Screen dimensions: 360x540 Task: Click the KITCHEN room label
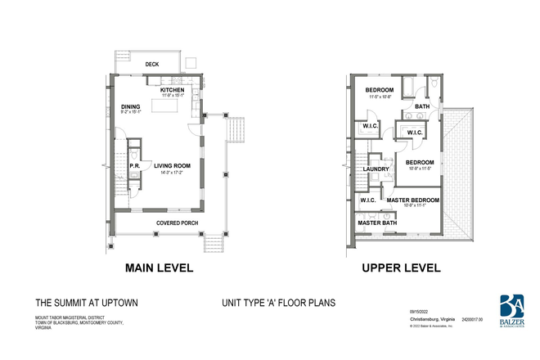coord(172,89)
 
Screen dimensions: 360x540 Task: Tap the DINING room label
coord(130,106)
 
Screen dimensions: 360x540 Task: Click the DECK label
coord(151,64)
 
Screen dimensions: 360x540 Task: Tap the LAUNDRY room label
coord(376,169)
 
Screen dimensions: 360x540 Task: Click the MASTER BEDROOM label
coord(412,200)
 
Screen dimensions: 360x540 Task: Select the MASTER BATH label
coord(377,222)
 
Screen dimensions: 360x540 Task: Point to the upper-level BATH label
coord(421,106)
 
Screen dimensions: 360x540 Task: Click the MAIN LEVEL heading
coord(158,268)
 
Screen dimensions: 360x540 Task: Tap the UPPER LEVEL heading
coord(401,268)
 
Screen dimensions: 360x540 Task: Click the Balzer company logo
coord(513,310)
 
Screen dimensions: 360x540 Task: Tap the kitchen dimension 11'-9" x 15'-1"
coord(172,97)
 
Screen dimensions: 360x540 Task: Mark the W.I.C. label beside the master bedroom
coord(367,200)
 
